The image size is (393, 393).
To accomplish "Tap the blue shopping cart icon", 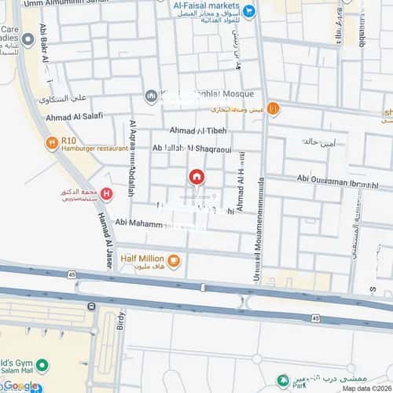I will coord(249,10).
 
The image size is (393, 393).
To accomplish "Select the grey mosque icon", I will coord(151,96).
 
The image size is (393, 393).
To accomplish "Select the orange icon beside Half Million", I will coord(174,261).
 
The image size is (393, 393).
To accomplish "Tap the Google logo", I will coord(20,385).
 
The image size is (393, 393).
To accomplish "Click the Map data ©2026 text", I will coord(365,388).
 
